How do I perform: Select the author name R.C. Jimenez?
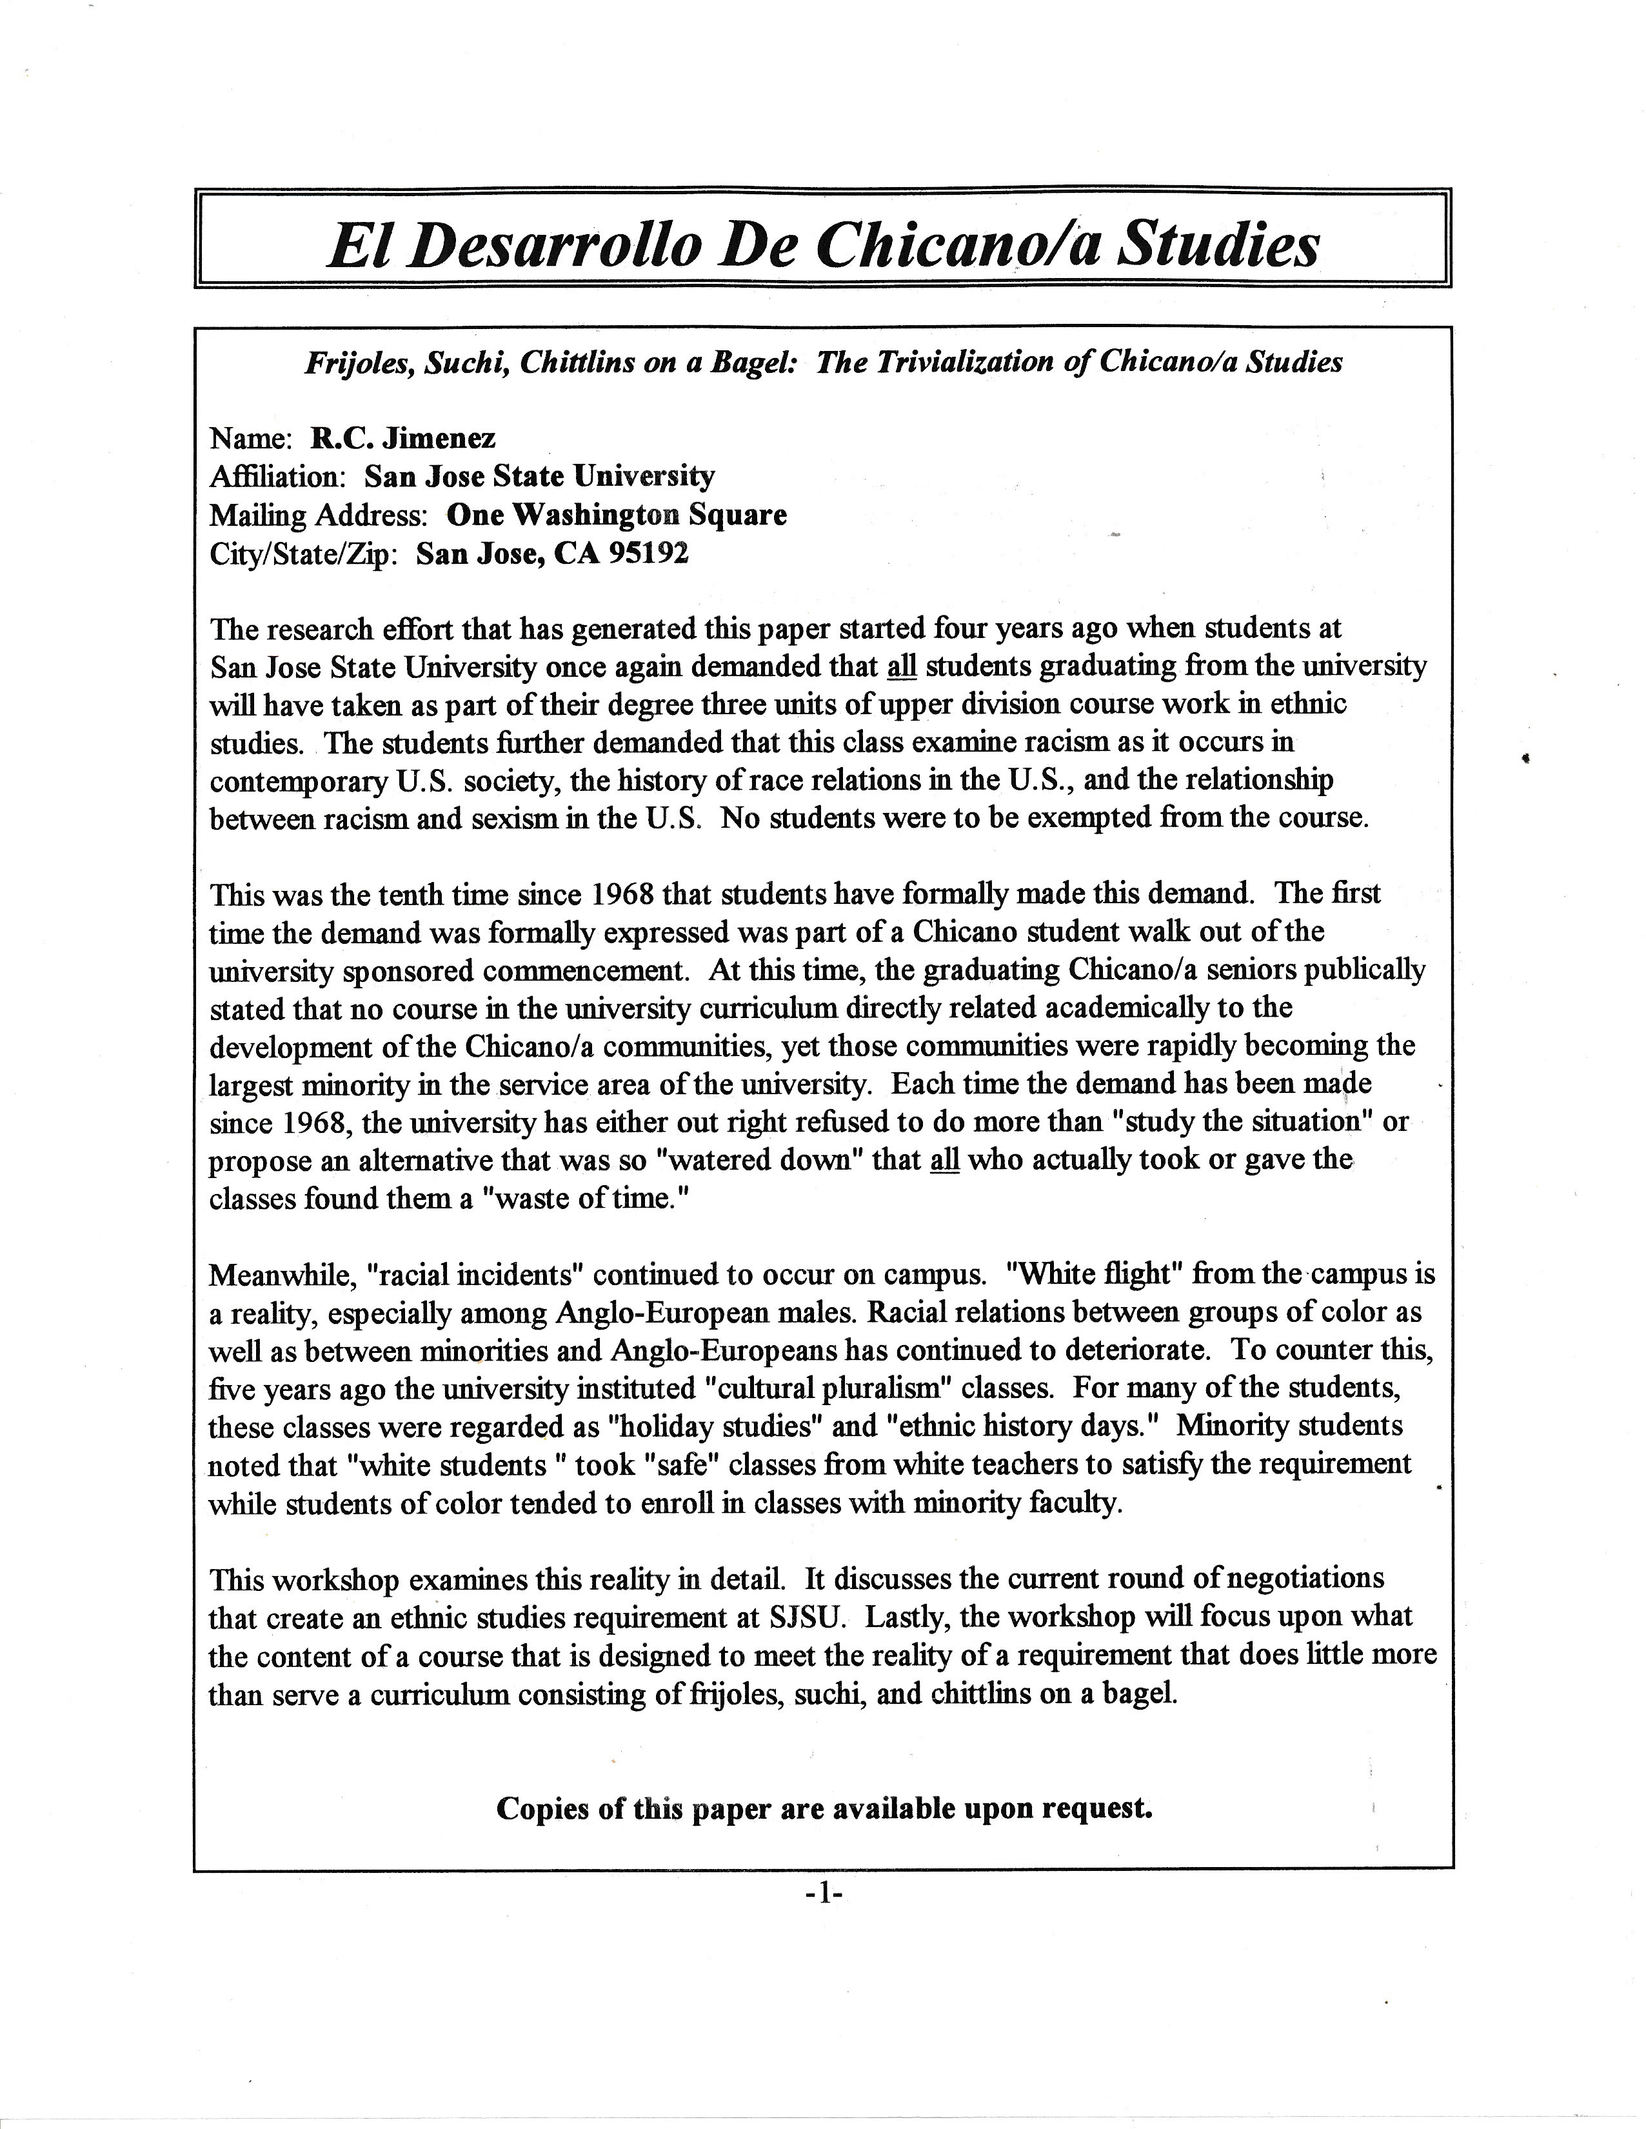click(x=402, y=439)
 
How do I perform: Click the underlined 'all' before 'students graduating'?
click(x=902, y=667)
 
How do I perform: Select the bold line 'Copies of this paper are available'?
click(x=824, y=1808)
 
